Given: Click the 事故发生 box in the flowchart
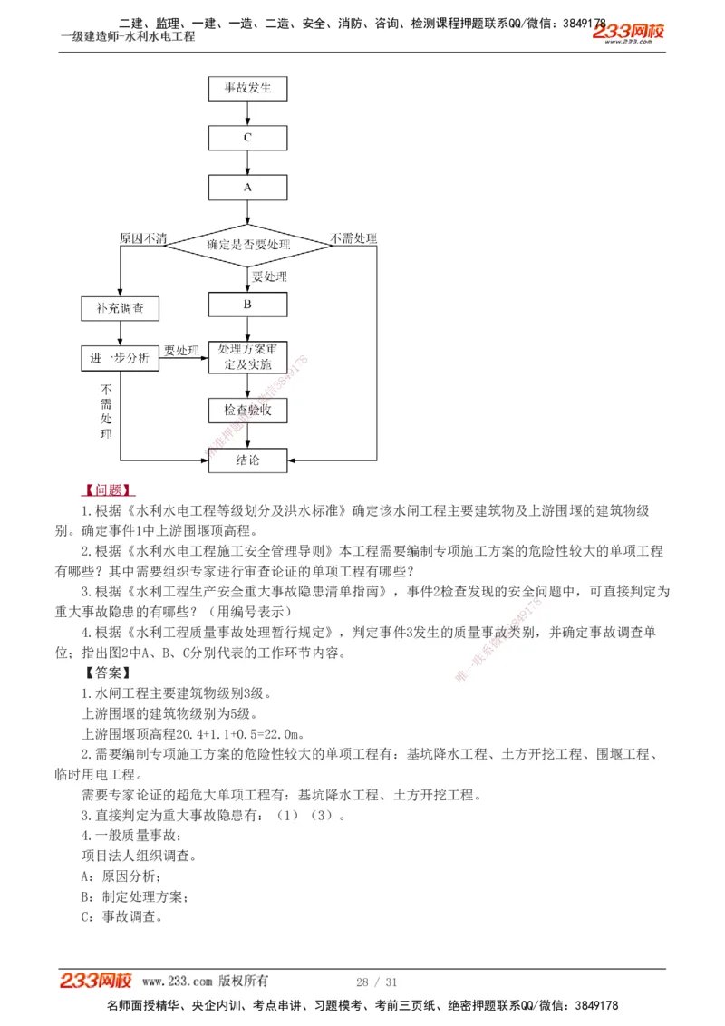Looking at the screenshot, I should pyautogui.click(x=247, y=89).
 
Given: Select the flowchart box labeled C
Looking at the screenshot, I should pyautogui.click(x=247, y=138).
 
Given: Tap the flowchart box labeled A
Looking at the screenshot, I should pyautogui.click(x=247, y=187).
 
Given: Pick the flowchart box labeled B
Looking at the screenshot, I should pyautogui.click(x=247, y=305).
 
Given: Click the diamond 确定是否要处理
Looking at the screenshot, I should pyautogui.click(x=247, y=245).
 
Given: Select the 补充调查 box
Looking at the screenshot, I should pyautogui.click(x=120, y=308).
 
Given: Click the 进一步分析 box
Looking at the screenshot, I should pyautogui.click(x=120, y=358).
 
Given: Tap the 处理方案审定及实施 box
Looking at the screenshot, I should pyautogui.click(x=247, y=358).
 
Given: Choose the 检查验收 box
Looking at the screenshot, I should pyautogui.click(x=247, y=411).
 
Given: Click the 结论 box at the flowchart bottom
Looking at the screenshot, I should pyautogui.click(x=247, y=460).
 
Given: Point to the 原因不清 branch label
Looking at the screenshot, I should pyautogui.click(x=143, y=238).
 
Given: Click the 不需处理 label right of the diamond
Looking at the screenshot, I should pyautogui.click(x=353, y=238).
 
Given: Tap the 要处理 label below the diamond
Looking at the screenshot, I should pyautogui.click(x=269, y=276).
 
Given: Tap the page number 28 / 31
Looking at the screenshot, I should pyautogui.click(x=377, y=982).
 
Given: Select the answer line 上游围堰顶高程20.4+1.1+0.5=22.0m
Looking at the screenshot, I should pyautogui.click(x=192, y=734).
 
